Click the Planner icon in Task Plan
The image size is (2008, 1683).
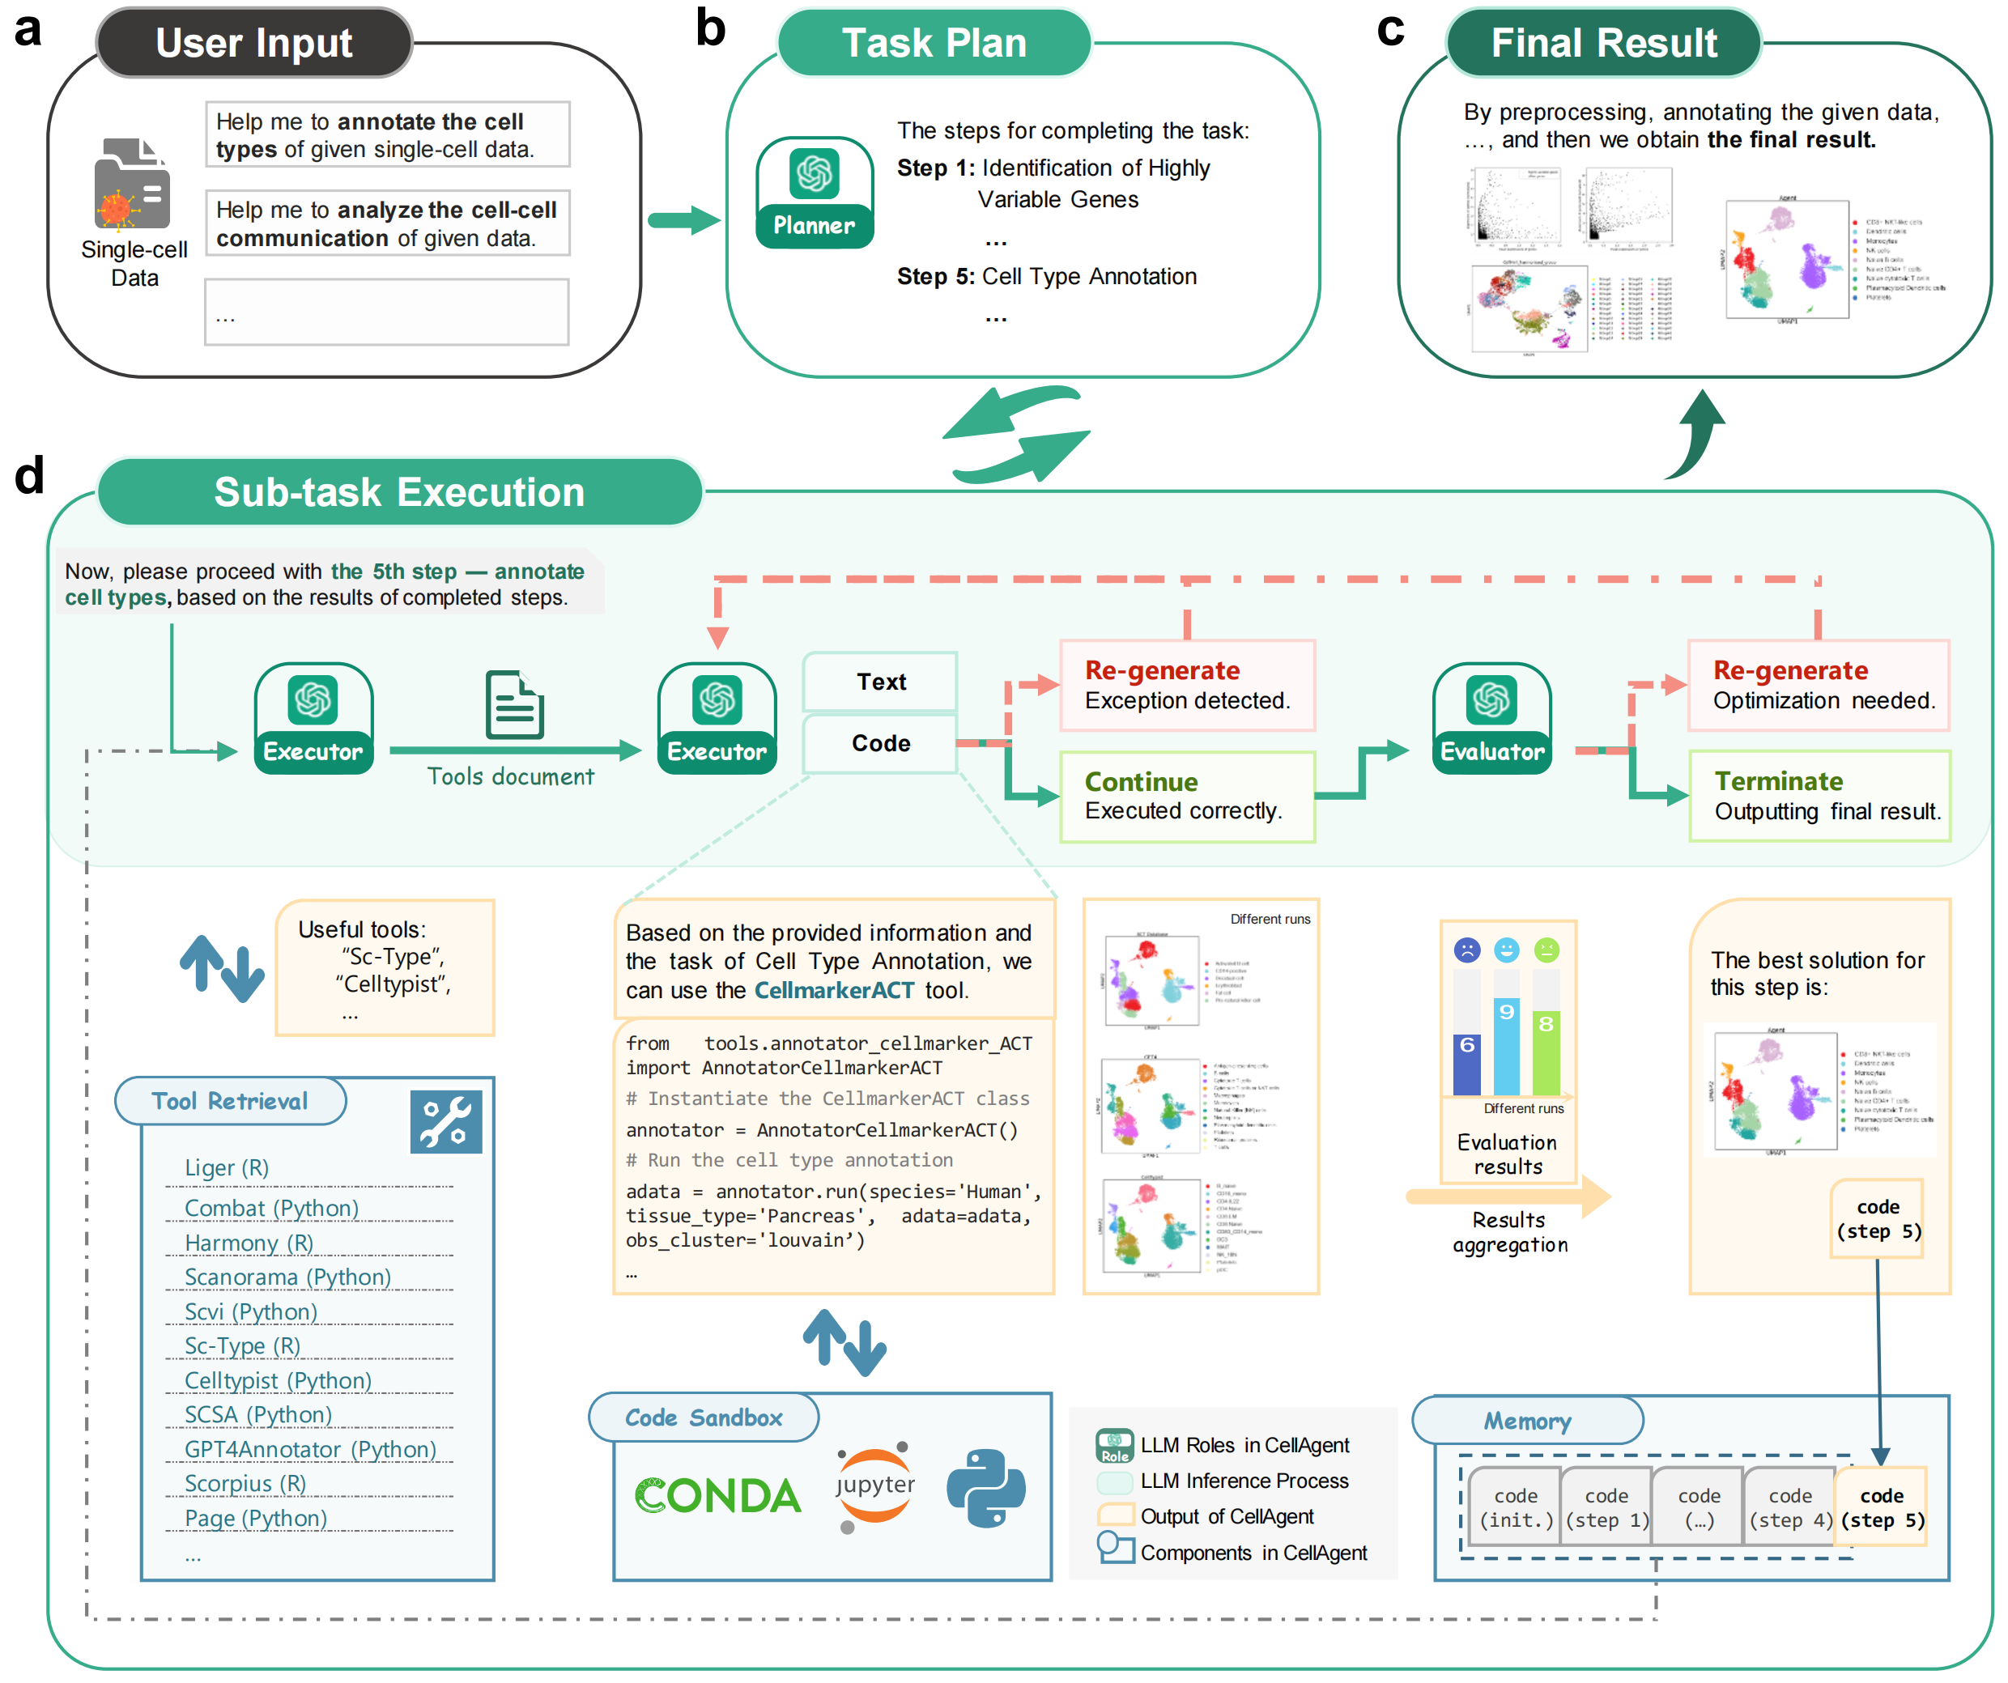tap(815, 192)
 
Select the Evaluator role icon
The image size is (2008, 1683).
tap(1491, 717)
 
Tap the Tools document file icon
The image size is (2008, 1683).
tap(514, 706)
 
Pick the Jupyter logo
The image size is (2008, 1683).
tap(874, 1486)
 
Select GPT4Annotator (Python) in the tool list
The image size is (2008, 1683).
tap(310, 1449)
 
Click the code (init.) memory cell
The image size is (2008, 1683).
tap(1516, 1507)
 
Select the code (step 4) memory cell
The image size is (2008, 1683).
tap(1789, 1507)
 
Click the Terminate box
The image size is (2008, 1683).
tap(1819, 796)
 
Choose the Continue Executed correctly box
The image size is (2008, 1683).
tap(1187, 796)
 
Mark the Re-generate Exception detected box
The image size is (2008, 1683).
tap(1187, 685)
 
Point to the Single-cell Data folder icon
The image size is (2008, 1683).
tap(132, 184)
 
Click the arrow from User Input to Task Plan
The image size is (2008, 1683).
tap(683, 221)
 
